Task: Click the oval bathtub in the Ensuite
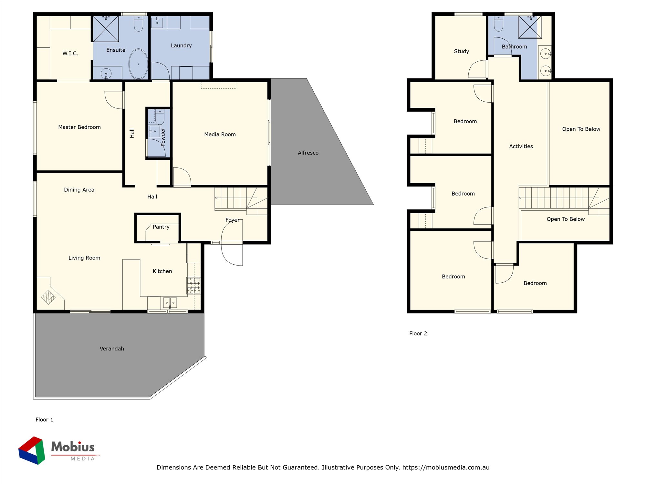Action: (139, 64)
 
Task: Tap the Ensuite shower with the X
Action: (106, 28)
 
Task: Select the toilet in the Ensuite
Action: (139, 23)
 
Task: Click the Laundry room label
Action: (181, 45)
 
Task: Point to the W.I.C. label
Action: (70, 53)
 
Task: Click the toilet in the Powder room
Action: (160, 116)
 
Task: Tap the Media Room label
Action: (220, 134)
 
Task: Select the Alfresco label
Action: (308, 153)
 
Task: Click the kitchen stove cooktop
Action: (193, 286)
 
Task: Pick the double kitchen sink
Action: (170, 303)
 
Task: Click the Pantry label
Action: (161, 227)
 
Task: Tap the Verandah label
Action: (112, 348)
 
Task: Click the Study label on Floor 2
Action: (461, 51)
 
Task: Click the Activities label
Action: (521, 146)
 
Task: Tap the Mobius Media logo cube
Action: (32, 450)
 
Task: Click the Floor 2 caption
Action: (418, 333)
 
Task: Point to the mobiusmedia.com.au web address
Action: (446, 467)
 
